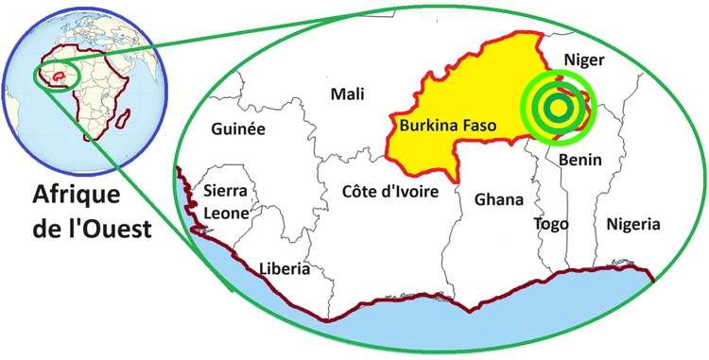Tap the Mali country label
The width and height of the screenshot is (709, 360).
[x=347, y=94]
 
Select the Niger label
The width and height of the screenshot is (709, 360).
[x=583, y=60]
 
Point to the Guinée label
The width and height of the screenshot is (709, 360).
[x=238, y=129]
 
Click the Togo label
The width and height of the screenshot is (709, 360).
[x=550, y=224]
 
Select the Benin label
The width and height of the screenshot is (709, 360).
[x=579, y=160]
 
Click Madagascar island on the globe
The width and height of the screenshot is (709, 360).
[x=124, y=117]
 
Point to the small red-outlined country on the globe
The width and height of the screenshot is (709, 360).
[x=59, y=73]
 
